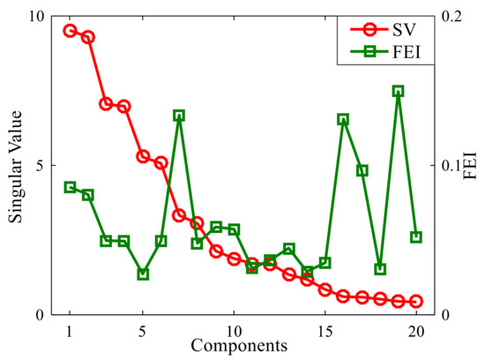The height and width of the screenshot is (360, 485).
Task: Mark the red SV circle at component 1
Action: (x=70, y=31)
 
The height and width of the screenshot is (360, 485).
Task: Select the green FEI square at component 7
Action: (x=179, y=116)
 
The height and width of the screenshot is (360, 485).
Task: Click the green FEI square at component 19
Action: (x=398, y=91)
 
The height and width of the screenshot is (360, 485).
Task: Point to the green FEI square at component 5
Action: (x=143, y=274)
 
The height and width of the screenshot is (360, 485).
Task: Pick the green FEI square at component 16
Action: (x=343, y=119)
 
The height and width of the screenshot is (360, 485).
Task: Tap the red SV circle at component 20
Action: (x=416, y=302)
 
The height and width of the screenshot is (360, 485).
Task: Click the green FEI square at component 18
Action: (x=380, y=269)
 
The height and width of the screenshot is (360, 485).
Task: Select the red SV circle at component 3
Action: (x=106, y=104)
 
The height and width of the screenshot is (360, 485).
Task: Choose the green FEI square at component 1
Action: (x=70, y=188)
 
